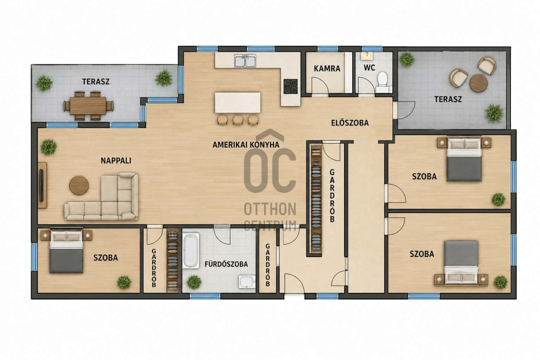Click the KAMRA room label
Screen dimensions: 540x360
point(327,68)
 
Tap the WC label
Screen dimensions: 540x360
point(369,68)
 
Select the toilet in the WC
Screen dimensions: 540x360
point(382,82)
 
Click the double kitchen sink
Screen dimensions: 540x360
point(245,61)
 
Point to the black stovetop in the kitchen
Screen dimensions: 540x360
point(291,86)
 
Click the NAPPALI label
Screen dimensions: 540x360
point(116,161)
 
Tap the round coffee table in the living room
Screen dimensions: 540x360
point(79,185)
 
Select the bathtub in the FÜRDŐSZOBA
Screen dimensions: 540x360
point(191,251)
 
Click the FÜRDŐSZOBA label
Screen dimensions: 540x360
point(226,264)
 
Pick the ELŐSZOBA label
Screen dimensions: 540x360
point(350,123)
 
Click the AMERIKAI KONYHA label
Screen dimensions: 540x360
point(246,144)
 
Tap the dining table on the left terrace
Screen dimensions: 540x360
point(88,106)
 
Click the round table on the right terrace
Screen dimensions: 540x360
point(478,83)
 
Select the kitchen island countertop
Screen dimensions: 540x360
point(238,103)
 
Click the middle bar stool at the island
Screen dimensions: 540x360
point(238,119)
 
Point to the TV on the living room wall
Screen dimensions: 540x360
point(41,185)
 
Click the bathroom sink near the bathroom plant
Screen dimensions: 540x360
point(247,282)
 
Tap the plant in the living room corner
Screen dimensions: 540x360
point(49,147)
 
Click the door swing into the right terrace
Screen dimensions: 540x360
point(406,110)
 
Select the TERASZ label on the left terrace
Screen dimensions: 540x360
point(96,81)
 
